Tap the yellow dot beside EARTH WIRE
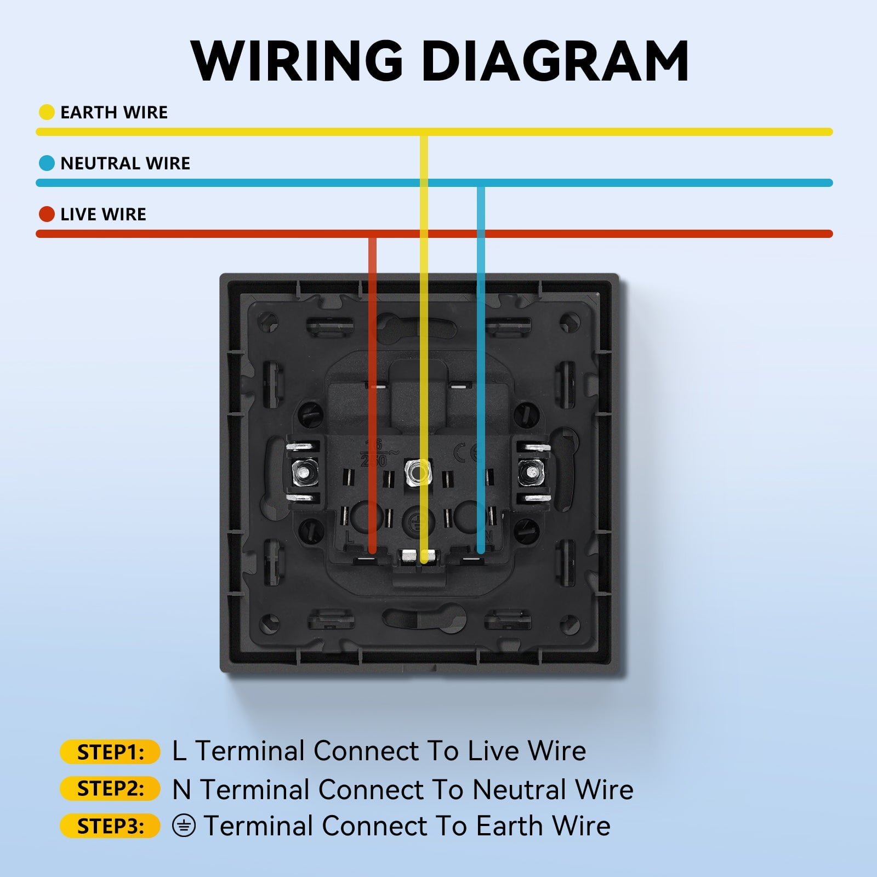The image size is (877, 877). click(47, 112)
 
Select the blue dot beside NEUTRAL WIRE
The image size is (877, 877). click(47, 163)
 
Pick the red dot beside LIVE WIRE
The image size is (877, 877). click(47, 214)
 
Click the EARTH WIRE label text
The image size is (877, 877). click(114, 112)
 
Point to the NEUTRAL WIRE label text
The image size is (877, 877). click(125, 163)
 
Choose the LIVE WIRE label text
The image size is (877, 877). click(103, 214)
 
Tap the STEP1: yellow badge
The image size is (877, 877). click(110, 752)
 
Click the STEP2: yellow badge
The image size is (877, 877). click(110, 789)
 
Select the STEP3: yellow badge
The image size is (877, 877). click(110, 825)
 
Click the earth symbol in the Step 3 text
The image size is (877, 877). click(184, 825)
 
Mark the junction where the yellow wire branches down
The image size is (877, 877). click(424, 132)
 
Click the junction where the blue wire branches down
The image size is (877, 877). click(481, 183)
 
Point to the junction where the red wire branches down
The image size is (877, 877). click(373, 234)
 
